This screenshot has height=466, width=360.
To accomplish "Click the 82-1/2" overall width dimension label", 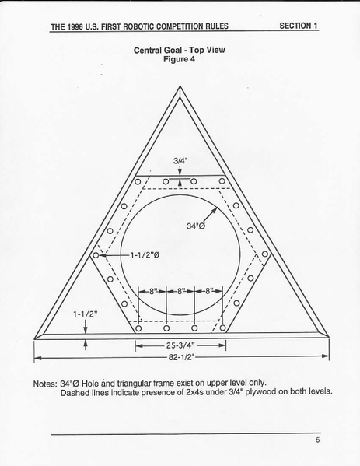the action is click(181, 357).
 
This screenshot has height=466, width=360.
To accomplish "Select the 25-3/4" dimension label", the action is click(180, 345).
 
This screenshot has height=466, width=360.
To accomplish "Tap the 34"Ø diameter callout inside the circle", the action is click(196, 226).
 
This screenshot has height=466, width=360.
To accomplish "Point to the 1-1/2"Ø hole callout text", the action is click(145, 255).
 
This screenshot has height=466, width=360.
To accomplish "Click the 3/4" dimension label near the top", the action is click(180, 161).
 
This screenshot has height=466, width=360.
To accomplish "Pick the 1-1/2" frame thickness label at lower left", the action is click(86, 314).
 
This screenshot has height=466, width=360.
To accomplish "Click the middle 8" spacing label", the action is click(181, 291).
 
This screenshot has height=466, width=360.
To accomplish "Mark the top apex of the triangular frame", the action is click(180, 86).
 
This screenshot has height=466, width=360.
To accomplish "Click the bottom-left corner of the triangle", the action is click(34, 338).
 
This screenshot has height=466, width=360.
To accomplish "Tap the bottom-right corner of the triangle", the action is click(329, 338).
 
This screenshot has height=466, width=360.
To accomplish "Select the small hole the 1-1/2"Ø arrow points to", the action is click(96, 255).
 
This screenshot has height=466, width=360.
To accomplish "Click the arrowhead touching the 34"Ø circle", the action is click(215, 209).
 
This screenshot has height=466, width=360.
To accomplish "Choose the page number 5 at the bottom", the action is click(317, 440).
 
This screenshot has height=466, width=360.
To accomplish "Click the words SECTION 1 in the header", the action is click(299, 26).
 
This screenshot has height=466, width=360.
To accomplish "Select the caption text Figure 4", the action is click(179, 59).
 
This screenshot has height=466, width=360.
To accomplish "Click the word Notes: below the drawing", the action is click(45, 384).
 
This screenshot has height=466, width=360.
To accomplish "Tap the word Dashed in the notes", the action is click(72, 393).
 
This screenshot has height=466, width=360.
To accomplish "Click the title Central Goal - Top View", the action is click(179, 51).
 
